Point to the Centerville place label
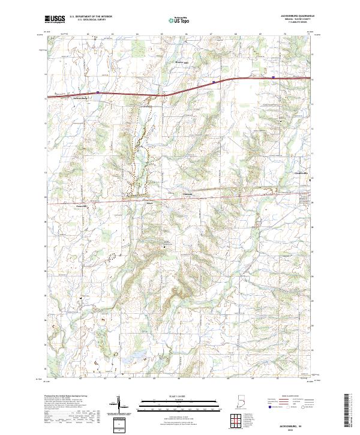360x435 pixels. (295, 173)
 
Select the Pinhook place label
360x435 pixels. (187, 194)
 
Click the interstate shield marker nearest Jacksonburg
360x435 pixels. (98, 92)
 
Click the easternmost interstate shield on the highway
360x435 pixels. (273, 77)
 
